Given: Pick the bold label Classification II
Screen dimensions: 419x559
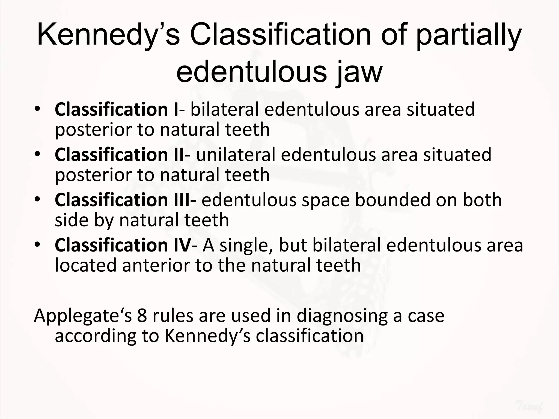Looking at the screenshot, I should click(x=119, y=155).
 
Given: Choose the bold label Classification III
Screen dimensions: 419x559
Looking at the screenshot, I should click(x=125, y=200).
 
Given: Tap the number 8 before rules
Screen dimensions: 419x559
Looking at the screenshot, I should click(x=142, y=316).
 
